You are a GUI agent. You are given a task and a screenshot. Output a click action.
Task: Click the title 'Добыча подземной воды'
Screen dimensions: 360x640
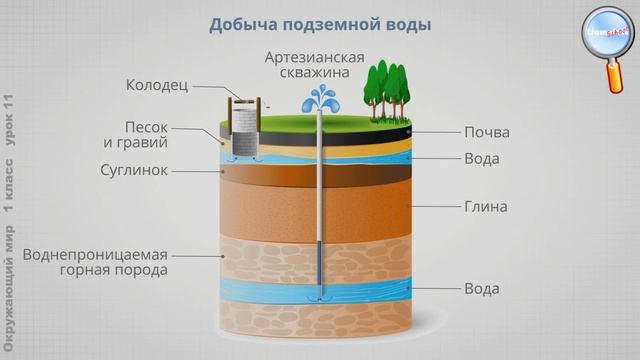tap(320, 24)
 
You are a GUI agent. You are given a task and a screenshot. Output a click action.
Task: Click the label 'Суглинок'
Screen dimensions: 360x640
tap(159, 170)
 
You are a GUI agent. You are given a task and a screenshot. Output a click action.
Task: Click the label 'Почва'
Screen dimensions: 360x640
tap(487, 133)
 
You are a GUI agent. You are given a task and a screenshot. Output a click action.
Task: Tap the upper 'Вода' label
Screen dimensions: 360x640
tap(482, 159)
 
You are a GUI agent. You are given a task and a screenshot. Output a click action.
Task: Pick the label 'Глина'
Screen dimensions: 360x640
tap(486, 207)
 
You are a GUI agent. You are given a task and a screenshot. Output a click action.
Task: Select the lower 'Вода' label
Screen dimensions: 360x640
tap(482, 289)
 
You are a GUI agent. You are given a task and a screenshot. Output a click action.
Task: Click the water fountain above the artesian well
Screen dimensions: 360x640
tap(319, 100)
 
